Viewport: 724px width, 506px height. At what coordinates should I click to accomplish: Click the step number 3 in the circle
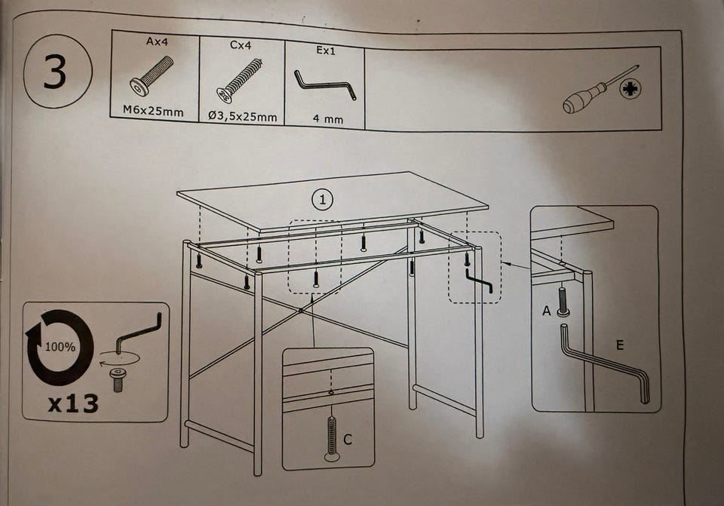[55, 72]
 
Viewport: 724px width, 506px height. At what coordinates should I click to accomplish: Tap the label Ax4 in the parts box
[157, 41]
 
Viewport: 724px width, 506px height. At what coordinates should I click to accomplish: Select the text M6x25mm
[153, 112]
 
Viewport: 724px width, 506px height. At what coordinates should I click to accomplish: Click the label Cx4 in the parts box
[241, 45]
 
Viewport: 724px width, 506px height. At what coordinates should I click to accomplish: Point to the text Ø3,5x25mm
[242, 116]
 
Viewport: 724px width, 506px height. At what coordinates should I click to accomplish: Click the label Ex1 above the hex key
[326, 51]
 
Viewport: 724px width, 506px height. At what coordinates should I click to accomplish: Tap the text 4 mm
[328, 119]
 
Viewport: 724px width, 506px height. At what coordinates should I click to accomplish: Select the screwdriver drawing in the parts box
[600, 90]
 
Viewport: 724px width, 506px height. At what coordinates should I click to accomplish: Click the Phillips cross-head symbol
[630, 89]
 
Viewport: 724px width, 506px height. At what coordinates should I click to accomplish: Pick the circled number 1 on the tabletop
[322, 199]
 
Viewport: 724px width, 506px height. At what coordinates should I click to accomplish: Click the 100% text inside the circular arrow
[60, 347]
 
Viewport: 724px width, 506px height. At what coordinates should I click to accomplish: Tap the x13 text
[73, 403]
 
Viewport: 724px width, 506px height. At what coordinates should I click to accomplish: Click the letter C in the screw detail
[348, 439]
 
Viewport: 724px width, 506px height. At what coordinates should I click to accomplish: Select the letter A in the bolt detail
[547, 311]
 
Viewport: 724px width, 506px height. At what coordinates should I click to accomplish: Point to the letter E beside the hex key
[620, 345]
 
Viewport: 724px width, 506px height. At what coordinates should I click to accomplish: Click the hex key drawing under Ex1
[325, 85]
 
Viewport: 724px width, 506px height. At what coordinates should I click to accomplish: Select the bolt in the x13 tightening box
[118, 379]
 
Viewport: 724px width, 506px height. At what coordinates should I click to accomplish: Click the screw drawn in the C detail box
[332, 438]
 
